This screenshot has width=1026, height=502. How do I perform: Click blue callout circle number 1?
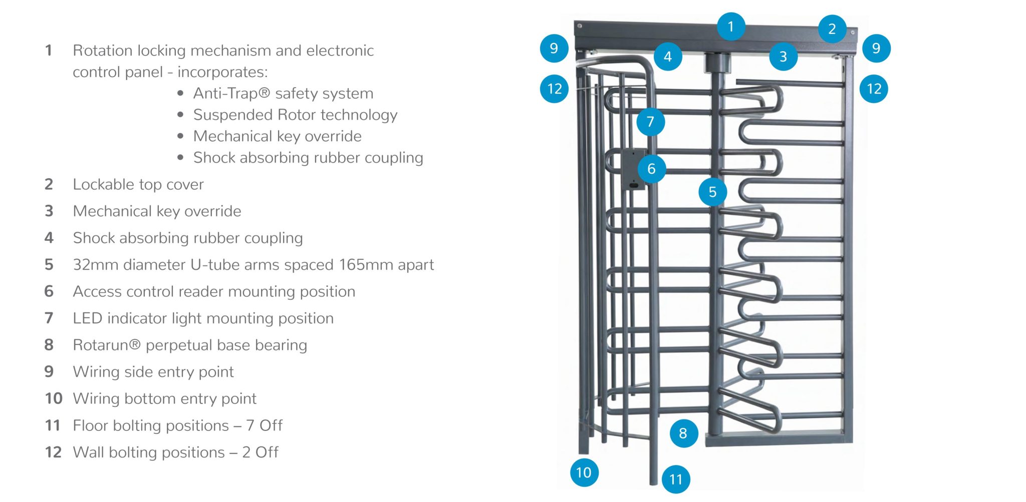[x=730, y=27]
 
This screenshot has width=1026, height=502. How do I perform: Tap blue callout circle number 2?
[x=832, y=29]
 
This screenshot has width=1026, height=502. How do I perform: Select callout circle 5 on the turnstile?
[x=712, y=192]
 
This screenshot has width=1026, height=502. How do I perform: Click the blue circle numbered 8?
[x=683, y=433]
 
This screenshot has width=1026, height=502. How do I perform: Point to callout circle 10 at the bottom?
[x=584, y=472]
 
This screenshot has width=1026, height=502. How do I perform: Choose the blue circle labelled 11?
[x=675, y=479]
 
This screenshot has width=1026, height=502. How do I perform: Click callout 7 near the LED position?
[x=650, y=122]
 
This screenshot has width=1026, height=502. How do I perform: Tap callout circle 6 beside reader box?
[x=651, y=169]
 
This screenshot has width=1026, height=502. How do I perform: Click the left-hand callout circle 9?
[x=554, y=49]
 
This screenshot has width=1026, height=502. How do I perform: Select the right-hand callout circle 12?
[x=874, y=89]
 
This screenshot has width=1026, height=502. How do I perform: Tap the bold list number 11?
[x=53, y=425]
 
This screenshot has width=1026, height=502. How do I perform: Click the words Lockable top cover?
[x=138, y=185]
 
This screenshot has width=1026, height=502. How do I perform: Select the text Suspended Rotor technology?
[x=295, y=115]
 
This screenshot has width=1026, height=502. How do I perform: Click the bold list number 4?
[x=49, y=238]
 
